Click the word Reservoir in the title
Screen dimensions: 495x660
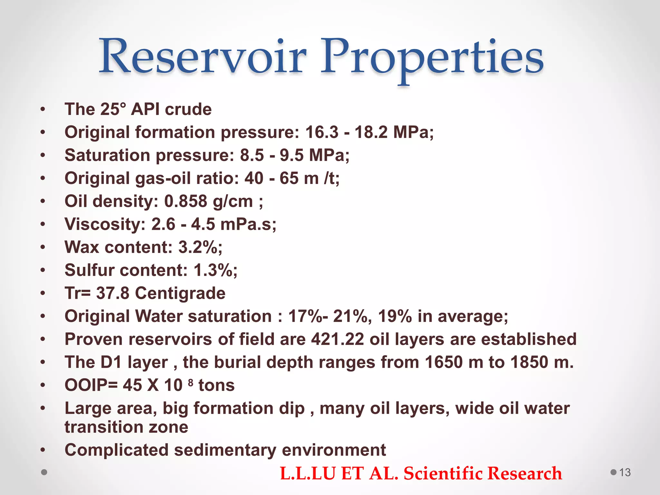202,57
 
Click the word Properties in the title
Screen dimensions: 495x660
432,58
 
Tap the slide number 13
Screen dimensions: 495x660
625,472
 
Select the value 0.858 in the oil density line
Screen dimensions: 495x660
185,201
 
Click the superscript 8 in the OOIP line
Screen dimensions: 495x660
190,383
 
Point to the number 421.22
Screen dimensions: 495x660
337,339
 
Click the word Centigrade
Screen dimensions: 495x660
180,293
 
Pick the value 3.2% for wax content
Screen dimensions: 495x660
200,247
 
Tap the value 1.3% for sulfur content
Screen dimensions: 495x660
215,270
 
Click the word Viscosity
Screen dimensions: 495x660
105,224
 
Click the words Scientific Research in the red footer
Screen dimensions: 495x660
482,473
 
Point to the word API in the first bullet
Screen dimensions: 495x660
145,109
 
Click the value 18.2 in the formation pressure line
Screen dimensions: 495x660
371,132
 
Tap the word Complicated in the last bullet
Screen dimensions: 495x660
116,450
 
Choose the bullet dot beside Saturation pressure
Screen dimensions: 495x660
43,155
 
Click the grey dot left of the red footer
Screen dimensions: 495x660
44,472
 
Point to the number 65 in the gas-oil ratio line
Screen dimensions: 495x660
289,178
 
